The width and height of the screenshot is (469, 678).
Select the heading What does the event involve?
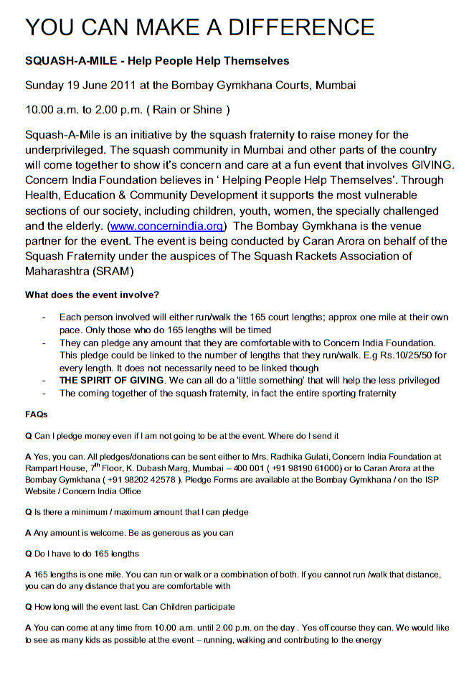92,294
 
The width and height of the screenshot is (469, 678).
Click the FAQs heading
37,414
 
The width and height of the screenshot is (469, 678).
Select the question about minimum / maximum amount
137,512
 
